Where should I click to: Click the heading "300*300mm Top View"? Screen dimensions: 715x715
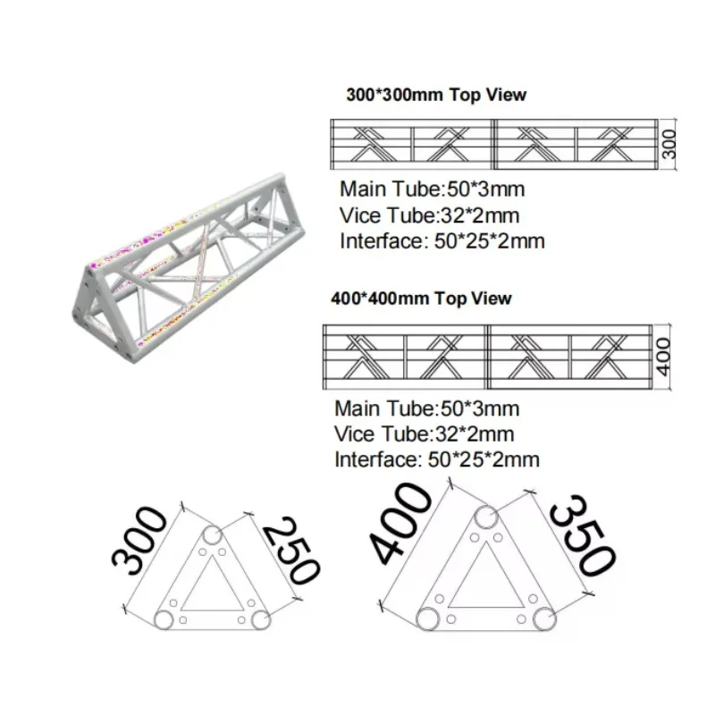coord(436,95)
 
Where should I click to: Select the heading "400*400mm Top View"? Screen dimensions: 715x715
coord(421,299)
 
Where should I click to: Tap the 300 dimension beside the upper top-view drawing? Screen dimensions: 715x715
coord(669,144)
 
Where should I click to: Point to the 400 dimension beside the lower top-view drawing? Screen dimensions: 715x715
coord(663,357)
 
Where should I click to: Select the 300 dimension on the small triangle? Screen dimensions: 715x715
coord(139,541)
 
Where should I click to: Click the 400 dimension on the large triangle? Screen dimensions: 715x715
coord(400,524)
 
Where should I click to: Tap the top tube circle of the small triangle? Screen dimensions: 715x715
coord(212,534)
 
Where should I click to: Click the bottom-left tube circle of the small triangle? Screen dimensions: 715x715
coord(164,619)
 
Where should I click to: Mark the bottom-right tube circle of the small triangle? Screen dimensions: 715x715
coord(260,619)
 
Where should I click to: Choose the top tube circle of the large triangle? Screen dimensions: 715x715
coord(486,517)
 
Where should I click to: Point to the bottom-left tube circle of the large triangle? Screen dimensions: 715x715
coord(428,618)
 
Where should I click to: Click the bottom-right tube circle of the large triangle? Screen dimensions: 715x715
coord(544,618)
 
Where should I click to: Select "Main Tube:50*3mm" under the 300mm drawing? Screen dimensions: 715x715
coord(433,189)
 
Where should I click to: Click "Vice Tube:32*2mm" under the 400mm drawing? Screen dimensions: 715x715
coord(424,434)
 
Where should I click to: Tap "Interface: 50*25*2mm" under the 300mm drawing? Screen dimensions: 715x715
coord(442,241)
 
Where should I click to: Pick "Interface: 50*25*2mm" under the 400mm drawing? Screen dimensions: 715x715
coord(437,459)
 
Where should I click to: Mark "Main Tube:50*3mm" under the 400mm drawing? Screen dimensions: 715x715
coord(427,408)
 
